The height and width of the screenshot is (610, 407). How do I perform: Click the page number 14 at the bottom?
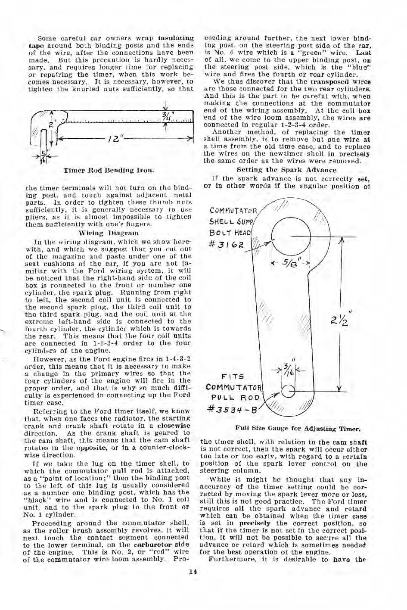[193, 572]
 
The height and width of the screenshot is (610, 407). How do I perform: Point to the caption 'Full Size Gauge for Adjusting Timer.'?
[297, 429]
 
